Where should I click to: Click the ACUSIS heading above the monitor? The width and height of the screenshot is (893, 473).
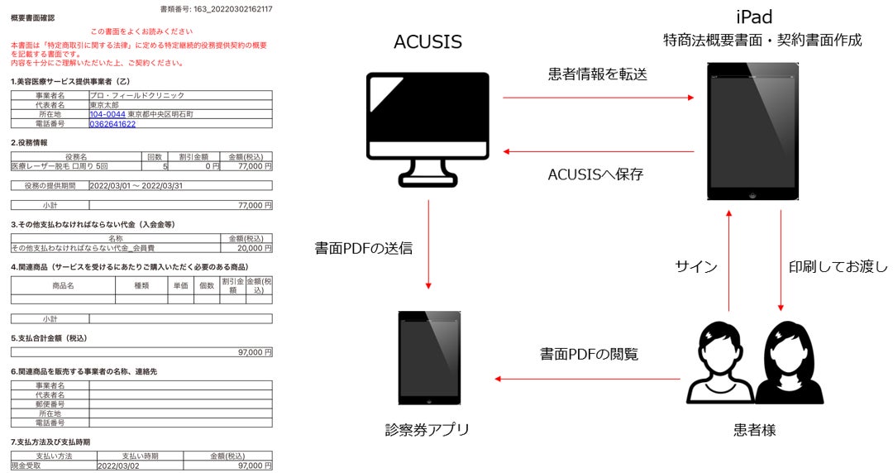[427, 41]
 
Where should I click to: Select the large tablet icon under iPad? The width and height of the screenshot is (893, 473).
[752, 132]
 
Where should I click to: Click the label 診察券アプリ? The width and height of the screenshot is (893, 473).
[427, 430]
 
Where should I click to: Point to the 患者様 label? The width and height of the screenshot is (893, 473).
[754, 430]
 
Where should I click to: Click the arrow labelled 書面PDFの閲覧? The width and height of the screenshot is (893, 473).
[589, 380]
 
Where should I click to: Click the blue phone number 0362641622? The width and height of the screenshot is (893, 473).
[112, 124]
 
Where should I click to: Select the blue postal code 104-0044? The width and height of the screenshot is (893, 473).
[107, 114]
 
